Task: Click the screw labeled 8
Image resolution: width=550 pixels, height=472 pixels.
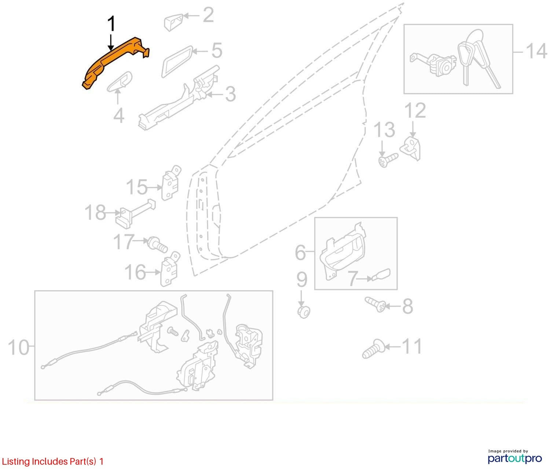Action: tap(375, 305)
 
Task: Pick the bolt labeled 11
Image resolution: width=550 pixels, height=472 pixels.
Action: tap(373, 349)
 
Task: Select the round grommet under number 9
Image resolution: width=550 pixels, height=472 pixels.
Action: tap(304, 312)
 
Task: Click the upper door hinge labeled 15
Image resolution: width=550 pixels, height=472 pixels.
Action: tap(171, 183)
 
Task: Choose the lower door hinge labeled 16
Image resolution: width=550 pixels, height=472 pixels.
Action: tap(170, 269)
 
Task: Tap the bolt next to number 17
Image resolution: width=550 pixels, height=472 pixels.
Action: tap(158, 244)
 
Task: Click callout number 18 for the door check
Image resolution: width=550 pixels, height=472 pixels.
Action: tap(95, 212)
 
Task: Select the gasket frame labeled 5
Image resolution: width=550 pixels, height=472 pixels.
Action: tap(177, 62)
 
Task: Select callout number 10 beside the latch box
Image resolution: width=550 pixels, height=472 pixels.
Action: tap(18, 346)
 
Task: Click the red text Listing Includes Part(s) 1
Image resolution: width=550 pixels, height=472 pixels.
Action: tap(52, 461)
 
